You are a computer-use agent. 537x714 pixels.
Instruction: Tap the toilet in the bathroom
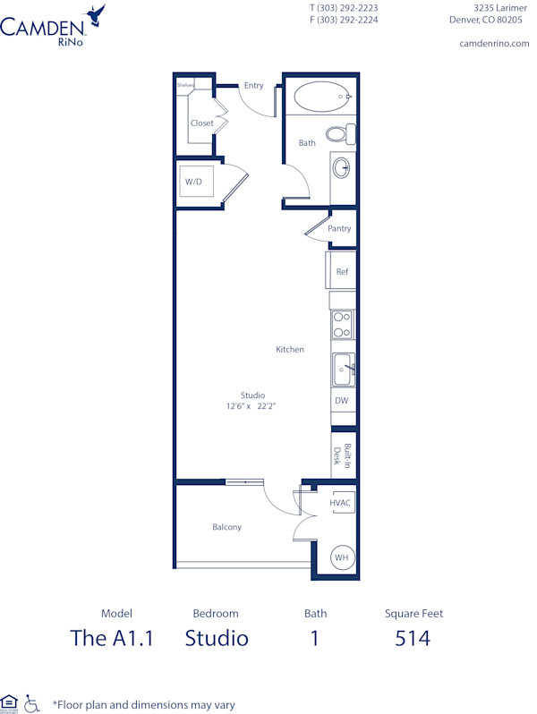click(339, 134)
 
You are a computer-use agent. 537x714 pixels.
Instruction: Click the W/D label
click(193, 182)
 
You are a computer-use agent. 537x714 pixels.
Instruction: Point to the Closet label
click(201, 123)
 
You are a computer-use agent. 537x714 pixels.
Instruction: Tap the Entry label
click(253, 86)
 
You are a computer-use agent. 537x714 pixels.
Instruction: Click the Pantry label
click(339, 228)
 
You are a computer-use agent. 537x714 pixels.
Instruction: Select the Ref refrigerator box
click(341, 271)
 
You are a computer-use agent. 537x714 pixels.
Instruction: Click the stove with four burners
click(342, 324)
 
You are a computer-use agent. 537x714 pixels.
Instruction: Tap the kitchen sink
click(342, 368)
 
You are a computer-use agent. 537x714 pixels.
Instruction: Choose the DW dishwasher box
click(342, 401)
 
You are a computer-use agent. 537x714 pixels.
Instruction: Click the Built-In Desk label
click(342, 455)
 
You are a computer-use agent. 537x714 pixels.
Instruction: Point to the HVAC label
click(340, 504)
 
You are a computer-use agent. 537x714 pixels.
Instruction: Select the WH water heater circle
click(341, 557)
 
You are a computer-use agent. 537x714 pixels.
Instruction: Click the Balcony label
click(226, 527)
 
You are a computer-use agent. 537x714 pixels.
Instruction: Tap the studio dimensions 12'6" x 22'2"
click(252, 406)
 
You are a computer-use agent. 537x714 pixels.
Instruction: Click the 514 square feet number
click(413, 638)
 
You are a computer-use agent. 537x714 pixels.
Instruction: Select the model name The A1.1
click(112, 638)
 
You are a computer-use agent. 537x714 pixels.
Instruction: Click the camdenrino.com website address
click(494, 43)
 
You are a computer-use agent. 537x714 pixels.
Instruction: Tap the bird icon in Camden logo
click(95, 13)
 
